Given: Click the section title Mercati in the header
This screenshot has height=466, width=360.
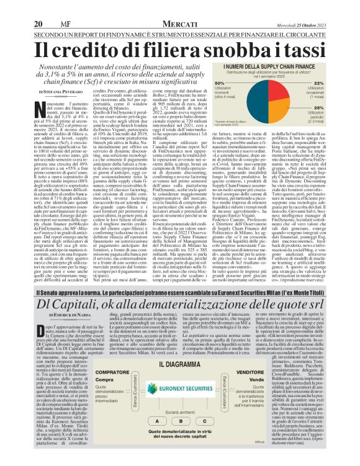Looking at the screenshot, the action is [x=181, y=7].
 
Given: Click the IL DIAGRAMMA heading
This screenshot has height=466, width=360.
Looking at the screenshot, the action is [x=180, y=351].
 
